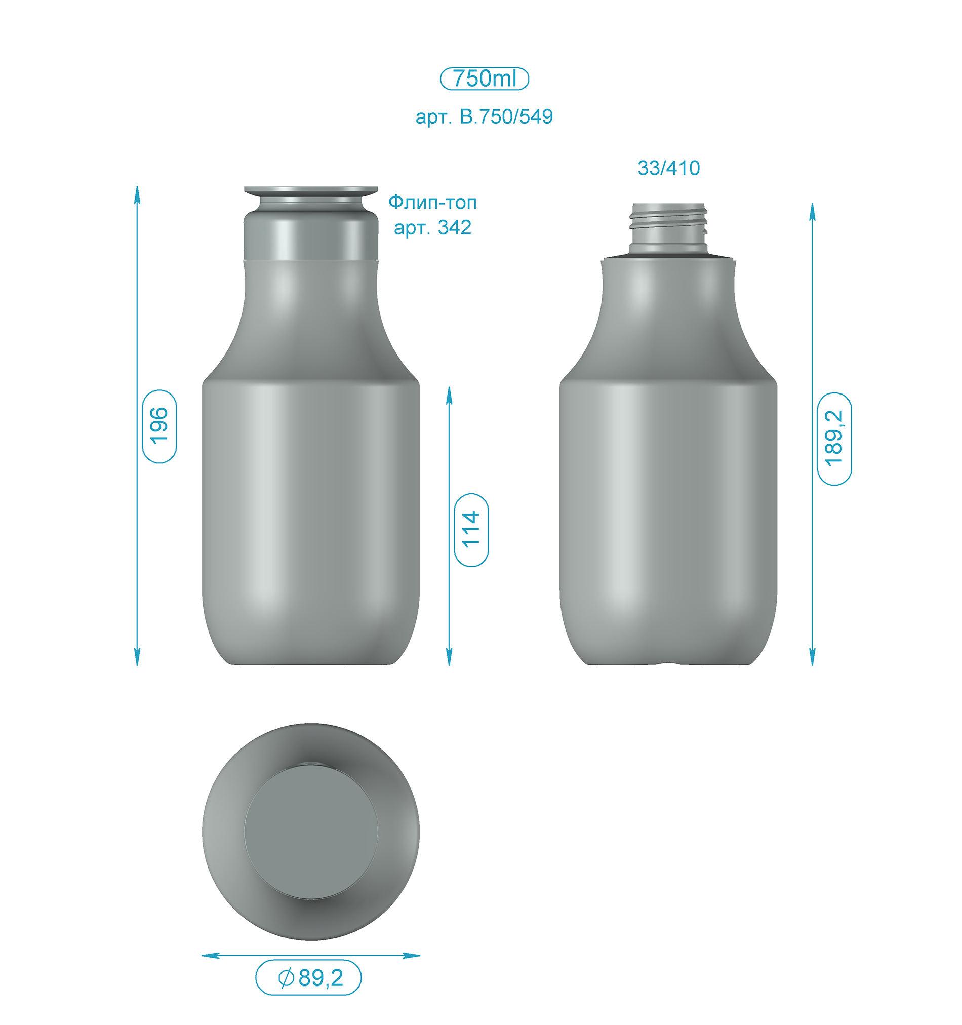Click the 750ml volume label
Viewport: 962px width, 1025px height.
click(484, 78)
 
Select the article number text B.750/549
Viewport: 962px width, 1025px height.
click(506, 116)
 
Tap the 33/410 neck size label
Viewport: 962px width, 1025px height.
click(669, 168)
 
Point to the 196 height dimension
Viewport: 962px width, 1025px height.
click(159, 426)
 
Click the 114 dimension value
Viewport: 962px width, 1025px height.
click(471, 530)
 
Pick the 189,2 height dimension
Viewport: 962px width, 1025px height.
click(834, 438)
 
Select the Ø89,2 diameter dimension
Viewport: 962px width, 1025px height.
click(308, 977)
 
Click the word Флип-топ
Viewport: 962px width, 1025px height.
click(432, 202)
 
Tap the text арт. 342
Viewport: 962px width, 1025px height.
click(432, 227)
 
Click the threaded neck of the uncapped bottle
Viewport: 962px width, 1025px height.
click(668, 228)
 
